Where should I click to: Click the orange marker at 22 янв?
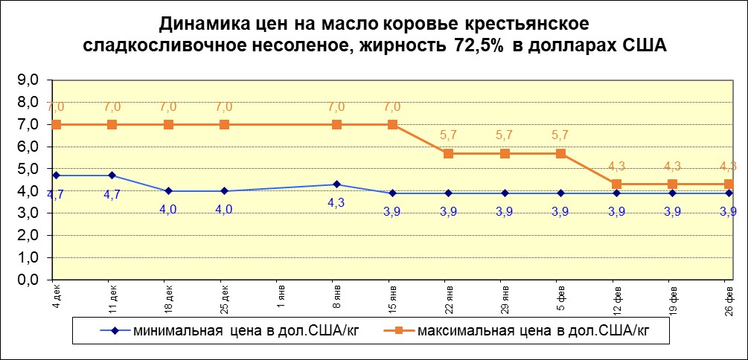(449, 153)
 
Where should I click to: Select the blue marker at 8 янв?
(336, 184)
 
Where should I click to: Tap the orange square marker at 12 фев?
(617, 184)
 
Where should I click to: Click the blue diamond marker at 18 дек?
(168, 191)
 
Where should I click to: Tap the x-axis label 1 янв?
(281, 295)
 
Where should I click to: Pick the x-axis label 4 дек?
(56, 295)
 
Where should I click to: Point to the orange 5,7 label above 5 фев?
(561, 136)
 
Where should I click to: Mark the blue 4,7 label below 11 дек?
(112, 195)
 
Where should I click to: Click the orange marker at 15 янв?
(393, 124)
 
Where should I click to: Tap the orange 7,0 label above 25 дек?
(224, 107)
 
